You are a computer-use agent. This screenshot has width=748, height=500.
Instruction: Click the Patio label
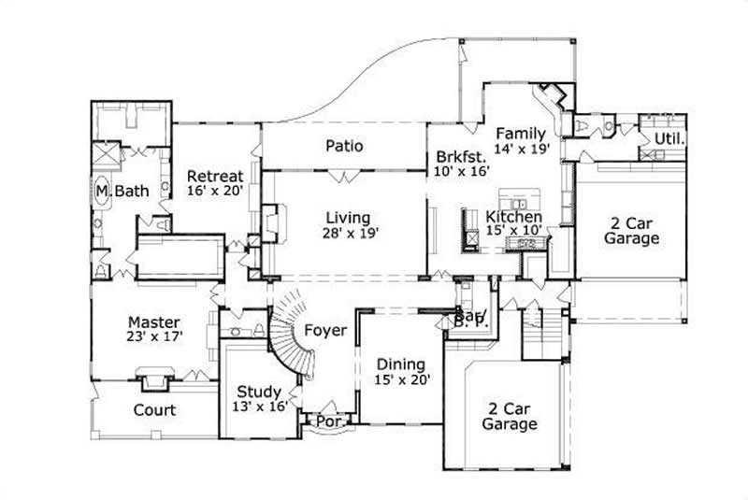(x=344, y=146)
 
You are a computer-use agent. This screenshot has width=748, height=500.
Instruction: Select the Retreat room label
(x=215, y=176)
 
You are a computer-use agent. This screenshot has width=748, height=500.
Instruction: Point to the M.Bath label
(x=117, y=192)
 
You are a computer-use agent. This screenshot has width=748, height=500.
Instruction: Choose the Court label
(x=154, y=410)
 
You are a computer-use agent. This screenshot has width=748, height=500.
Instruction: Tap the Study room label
(x=258, y=392)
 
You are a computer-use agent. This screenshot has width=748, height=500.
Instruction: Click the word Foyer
(x=325, y=331)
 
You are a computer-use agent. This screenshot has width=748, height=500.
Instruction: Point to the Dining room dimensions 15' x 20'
(x=401, y=379)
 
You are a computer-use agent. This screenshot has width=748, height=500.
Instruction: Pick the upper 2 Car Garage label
(x=633, y=230)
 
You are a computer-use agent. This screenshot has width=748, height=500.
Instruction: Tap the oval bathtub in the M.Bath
(x=101, y=192)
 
